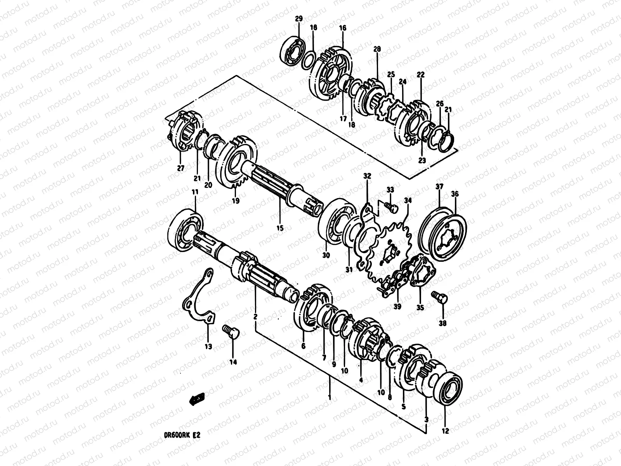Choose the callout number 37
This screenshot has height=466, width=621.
point(439,187)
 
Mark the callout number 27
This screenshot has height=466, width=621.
point(180,168)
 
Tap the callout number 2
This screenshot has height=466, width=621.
point(255,317)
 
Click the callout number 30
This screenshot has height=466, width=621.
point(326,255)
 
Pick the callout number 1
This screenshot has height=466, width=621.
point(329,397)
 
